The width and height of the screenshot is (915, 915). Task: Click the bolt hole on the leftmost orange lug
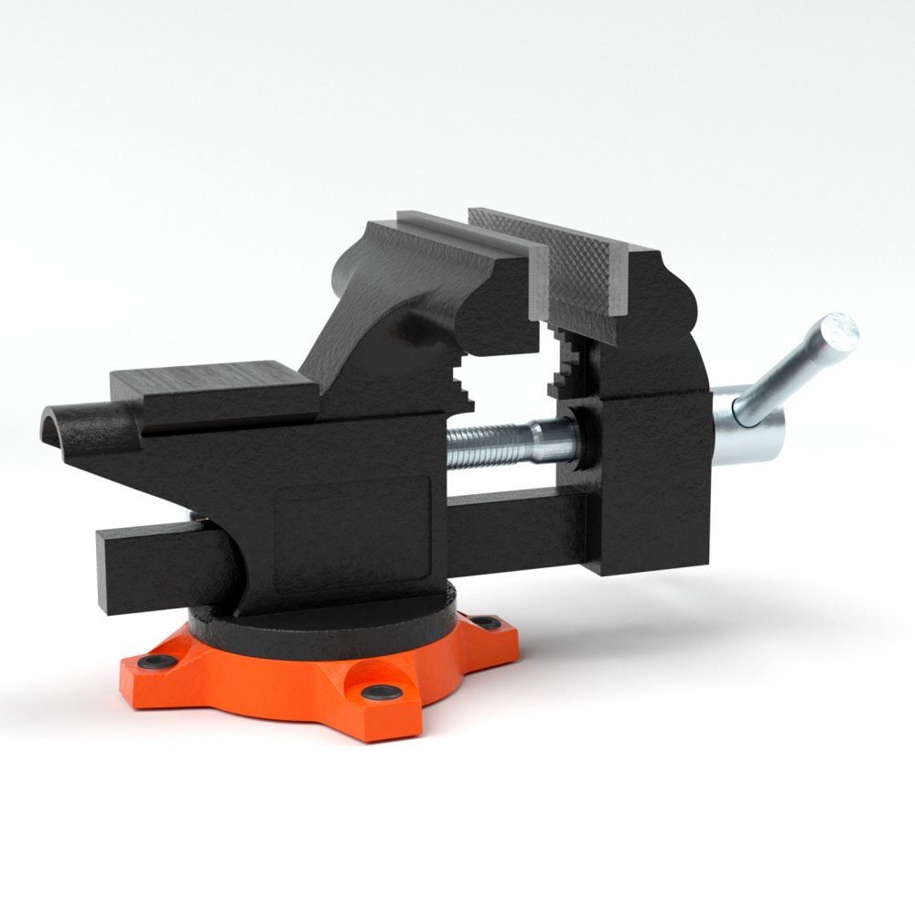150,661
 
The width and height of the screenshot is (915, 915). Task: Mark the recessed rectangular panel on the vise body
351,522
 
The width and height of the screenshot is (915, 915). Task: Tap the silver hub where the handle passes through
746,430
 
